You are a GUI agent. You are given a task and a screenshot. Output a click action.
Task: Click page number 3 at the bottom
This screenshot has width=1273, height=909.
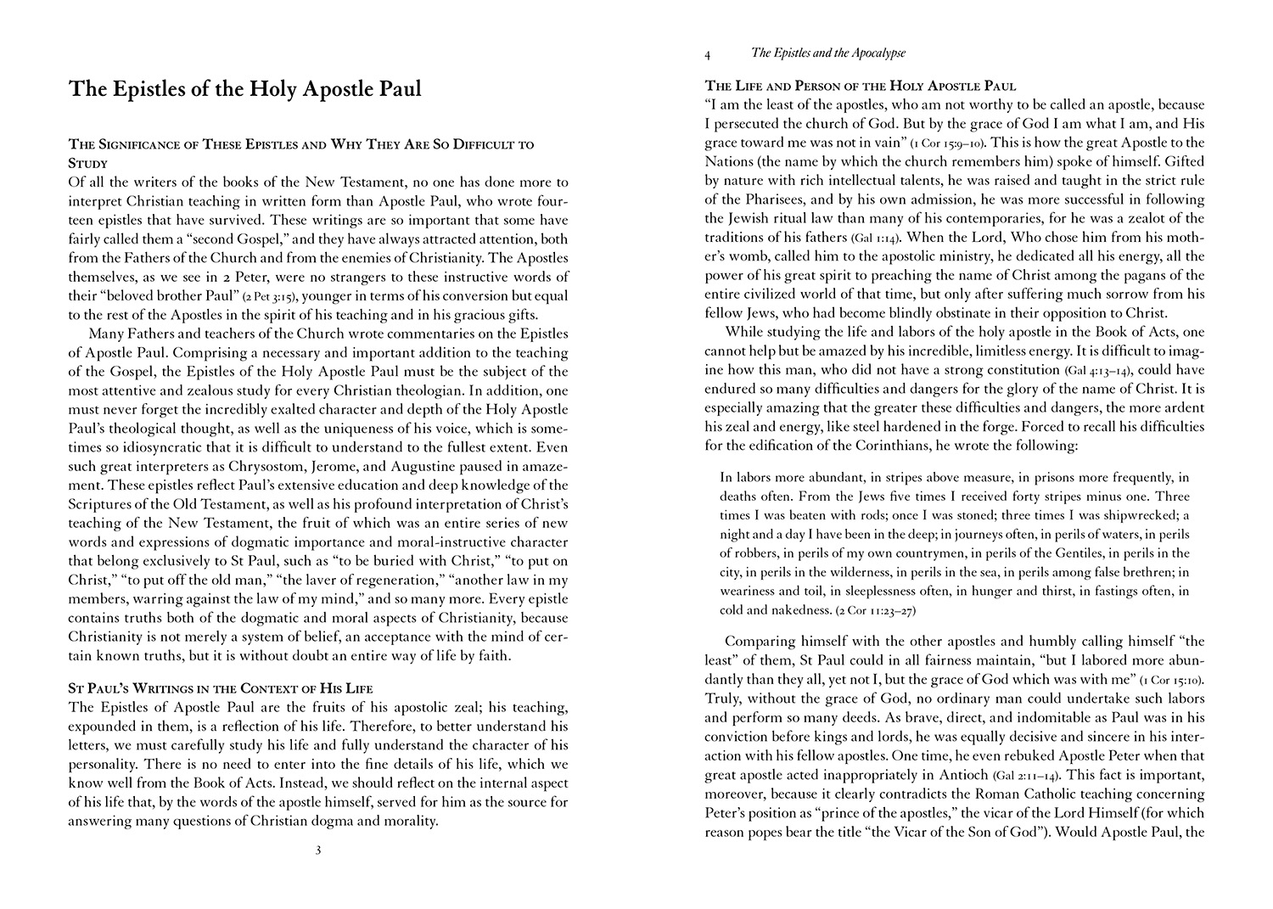(317, 850)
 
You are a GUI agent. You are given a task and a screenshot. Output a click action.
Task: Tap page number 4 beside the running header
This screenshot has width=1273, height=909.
(708, 54)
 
